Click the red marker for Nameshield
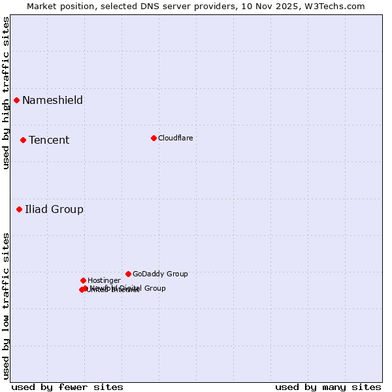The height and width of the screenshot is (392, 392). pyautogui.click(x=16, y=100)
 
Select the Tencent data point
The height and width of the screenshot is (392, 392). pyautogui.click(x=23, y=140)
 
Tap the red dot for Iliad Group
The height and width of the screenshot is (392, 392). pyautogui.click(x=19, y=209)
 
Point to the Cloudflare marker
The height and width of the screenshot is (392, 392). pyautogui.click(x=154, y=138)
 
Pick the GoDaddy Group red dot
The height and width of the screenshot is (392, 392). pyautogui.click(x=128, y=274)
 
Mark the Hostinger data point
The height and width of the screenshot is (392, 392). pyautogui.click(x=83, y=280)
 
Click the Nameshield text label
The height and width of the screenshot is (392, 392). pyautogui.click(x=52, y=100)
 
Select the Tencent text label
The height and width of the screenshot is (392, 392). pyautogui.click(x=49, y=140)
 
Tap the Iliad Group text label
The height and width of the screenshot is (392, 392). pyautogui.click(x=54, y=209)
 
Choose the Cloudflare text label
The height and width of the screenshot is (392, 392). pyautogui.click(x=176, y=138)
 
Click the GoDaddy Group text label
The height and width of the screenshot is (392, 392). pyautogui.click(x=160, y=274)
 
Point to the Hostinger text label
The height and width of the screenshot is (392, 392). pyautogui.click(x=105, y=280)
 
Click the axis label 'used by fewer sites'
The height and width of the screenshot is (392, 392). pyautogui.click(x=67, y=387)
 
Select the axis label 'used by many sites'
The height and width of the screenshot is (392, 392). pyautogui.click(x=328, y=387)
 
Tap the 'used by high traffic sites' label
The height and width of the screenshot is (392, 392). pyautogui.click(x=6, y=93)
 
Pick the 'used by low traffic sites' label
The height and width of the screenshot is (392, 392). pyautogui.click(x=6, y=305)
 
